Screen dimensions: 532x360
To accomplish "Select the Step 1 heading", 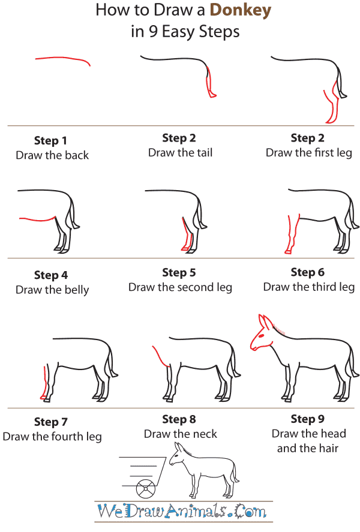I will (50, 141).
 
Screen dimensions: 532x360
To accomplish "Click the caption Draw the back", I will (52, 155).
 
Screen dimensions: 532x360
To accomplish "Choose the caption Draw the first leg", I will (308, 153).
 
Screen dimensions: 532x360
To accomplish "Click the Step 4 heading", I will (50, 275).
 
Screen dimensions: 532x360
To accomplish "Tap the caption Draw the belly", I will (52, 290).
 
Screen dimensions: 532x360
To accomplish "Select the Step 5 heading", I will (179, 273).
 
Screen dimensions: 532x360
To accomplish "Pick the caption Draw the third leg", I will (308, 287).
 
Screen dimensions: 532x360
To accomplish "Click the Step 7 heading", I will (50, 422).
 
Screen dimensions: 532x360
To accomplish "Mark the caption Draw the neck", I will (180, 434).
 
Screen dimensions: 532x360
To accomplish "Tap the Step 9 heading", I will (308, 419).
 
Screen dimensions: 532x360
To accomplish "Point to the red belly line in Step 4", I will (36, 220).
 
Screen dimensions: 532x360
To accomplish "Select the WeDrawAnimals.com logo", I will (182, 512).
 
